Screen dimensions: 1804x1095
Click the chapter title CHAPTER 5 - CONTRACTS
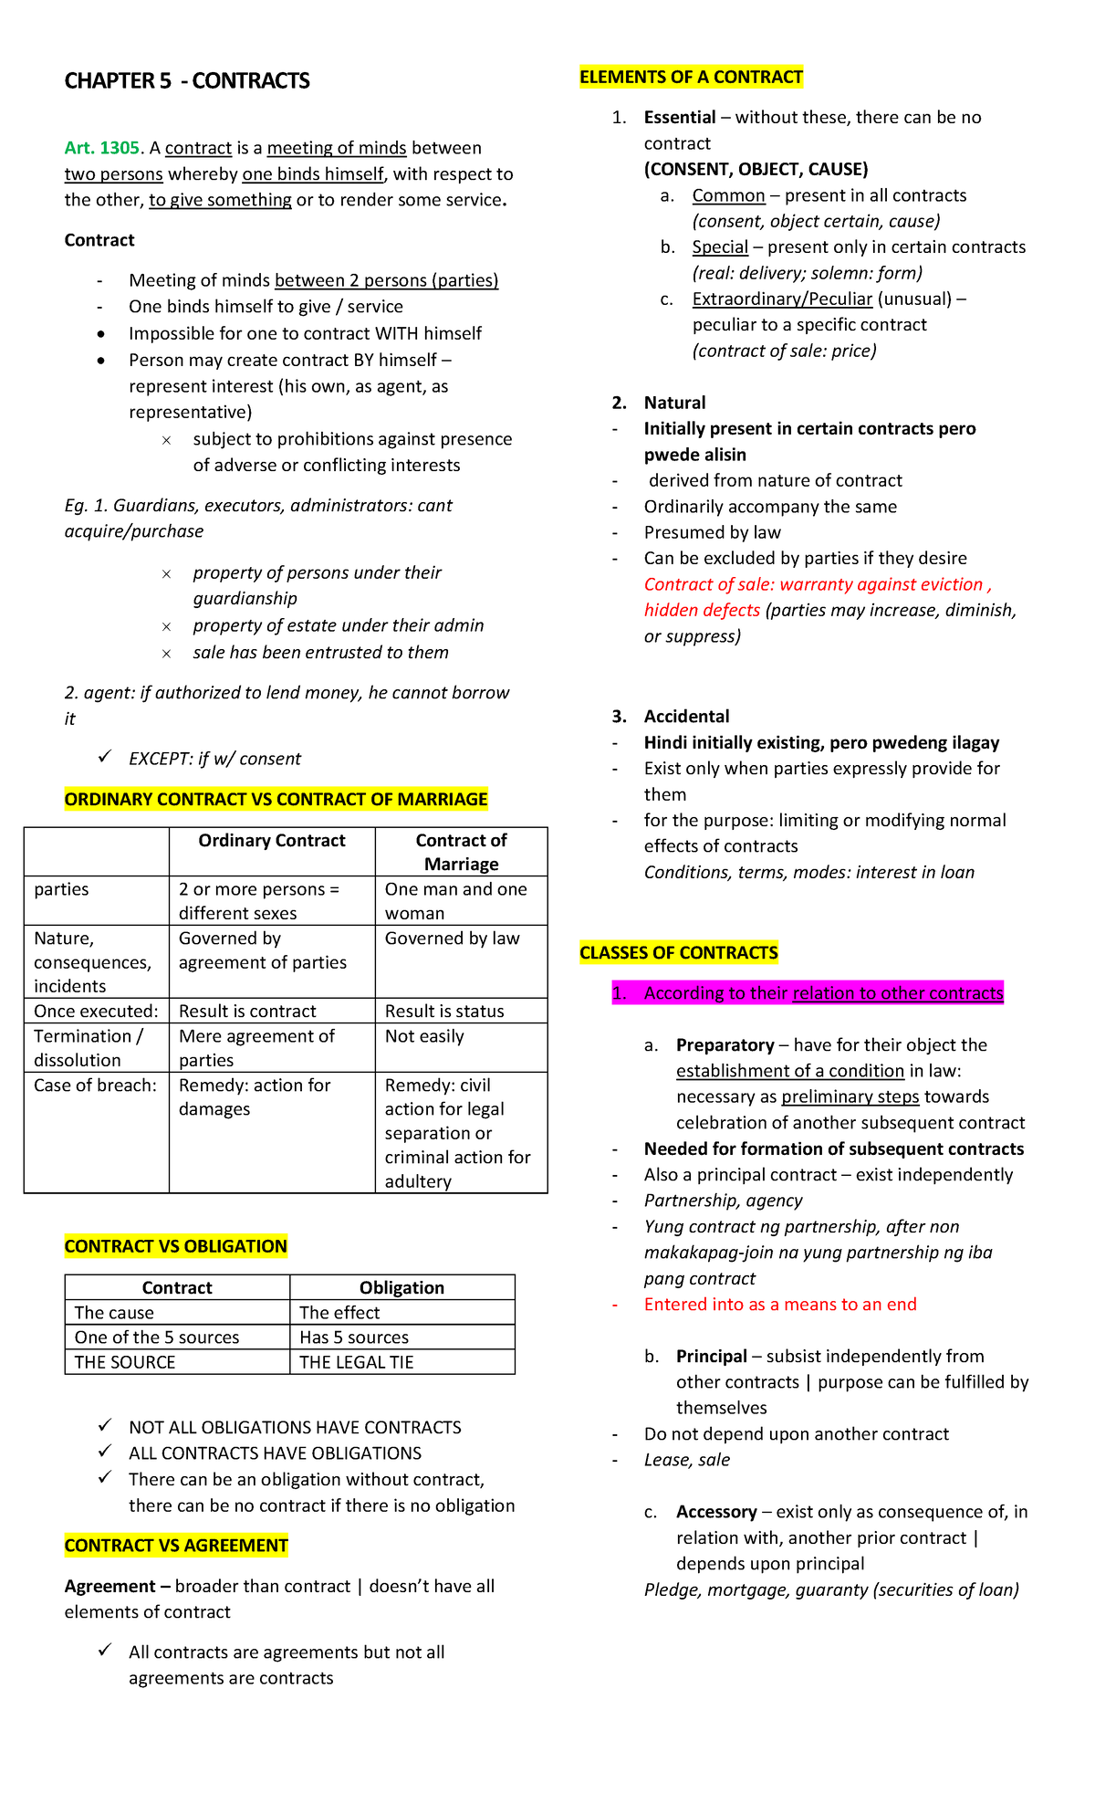pos(187,81)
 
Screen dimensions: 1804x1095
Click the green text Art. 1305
pos(101,148)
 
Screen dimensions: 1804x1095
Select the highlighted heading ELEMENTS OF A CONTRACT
pos(691,78)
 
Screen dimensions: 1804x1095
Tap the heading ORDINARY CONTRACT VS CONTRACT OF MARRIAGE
pos(276,800)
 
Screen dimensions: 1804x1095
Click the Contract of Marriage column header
pos(461,852)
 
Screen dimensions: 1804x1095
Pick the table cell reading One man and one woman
pos(455,901)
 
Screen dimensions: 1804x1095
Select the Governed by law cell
pos(452,939)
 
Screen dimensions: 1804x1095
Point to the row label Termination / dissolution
pos(88,1048)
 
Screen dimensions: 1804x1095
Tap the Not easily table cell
pos(424,1036)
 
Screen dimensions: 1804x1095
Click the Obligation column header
pos(401,1288)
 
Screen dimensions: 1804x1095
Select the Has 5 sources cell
pos(354,1337)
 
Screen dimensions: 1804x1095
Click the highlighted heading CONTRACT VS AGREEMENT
pos(176,1546)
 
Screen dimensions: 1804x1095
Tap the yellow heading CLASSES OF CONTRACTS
pos(679,953)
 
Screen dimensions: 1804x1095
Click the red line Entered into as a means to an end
pos(780,1305)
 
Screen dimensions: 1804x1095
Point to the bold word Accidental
pos(686,717)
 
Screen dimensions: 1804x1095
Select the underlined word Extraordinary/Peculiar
pos(782,299)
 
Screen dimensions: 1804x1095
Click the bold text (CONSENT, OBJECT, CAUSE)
pos(756,170)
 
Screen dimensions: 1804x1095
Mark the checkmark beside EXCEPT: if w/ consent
pos(106,757)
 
